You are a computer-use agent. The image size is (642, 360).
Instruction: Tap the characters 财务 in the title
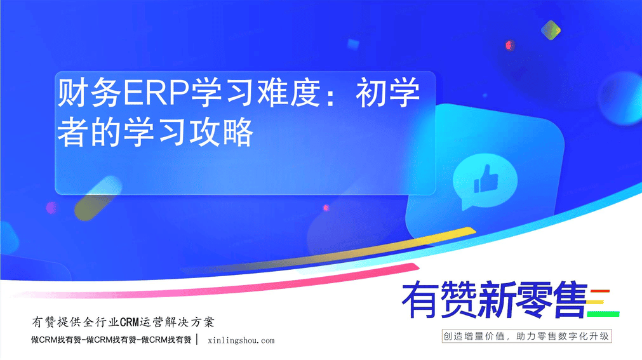tap(90, 93)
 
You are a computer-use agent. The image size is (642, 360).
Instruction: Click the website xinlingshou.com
tap(241, 340)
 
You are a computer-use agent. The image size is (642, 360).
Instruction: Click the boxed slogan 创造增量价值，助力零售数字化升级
tap(526, 337)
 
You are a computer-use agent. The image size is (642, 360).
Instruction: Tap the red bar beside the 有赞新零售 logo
tap(600, 291)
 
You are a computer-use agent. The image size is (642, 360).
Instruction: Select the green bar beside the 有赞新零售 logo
tap(603, 314)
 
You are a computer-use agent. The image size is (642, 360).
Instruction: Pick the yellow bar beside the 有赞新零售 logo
tap(596, 303)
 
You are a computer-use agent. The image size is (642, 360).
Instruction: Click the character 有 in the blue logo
tap(420, 300)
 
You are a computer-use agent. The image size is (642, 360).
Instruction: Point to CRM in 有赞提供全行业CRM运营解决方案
tap(130, 323)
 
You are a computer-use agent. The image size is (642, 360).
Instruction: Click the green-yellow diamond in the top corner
tap(551, 30)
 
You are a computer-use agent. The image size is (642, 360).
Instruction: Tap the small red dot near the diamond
tap(509, 45)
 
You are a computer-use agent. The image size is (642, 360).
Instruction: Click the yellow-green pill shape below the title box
tap(98, 198)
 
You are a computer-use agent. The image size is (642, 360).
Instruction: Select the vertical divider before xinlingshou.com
tap(197, 340)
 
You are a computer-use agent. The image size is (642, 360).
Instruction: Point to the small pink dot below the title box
tap(326, 208)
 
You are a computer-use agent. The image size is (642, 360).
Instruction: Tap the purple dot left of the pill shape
tap(51, 208)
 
